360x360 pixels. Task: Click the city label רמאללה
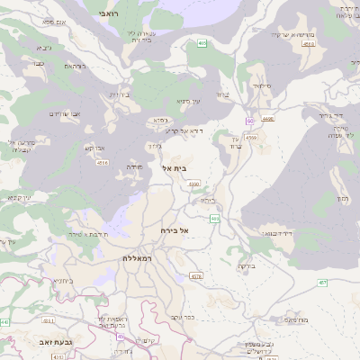pyautogui.click(x=138, y=257)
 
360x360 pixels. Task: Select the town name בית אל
pyautogui.click(x=173, y=168)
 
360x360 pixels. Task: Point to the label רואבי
pyautogui.click(x=125, y=14)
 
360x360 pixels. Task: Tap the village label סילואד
pyautogui.click(x=262, y=85)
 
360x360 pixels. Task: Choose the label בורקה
pyautogui.click(x=247, y=266)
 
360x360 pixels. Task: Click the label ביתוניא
pyautogui.click(x=62, y=281)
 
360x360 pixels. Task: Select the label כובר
pyautogui.click(x=38, y=64)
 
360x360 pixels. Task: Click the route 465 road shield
pyautogui.click(x=202, y=42)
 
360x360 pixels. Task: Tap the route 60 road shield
pyautogui.click(x=249, y=121)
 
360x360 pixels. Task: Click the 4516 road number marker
pyautogui.click(x=103, y=163)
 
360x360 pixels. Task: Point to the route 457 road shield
pyautogui.click(x=348, y=284)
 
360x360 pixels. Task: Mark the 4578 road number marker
pyautogui.click(x=196, y=276)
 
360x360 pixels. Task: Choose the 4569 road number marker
pyautogui.click(x=251, y=138)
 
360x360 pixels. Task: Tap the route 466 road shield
pyautogui.click(x=215, y=219)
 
